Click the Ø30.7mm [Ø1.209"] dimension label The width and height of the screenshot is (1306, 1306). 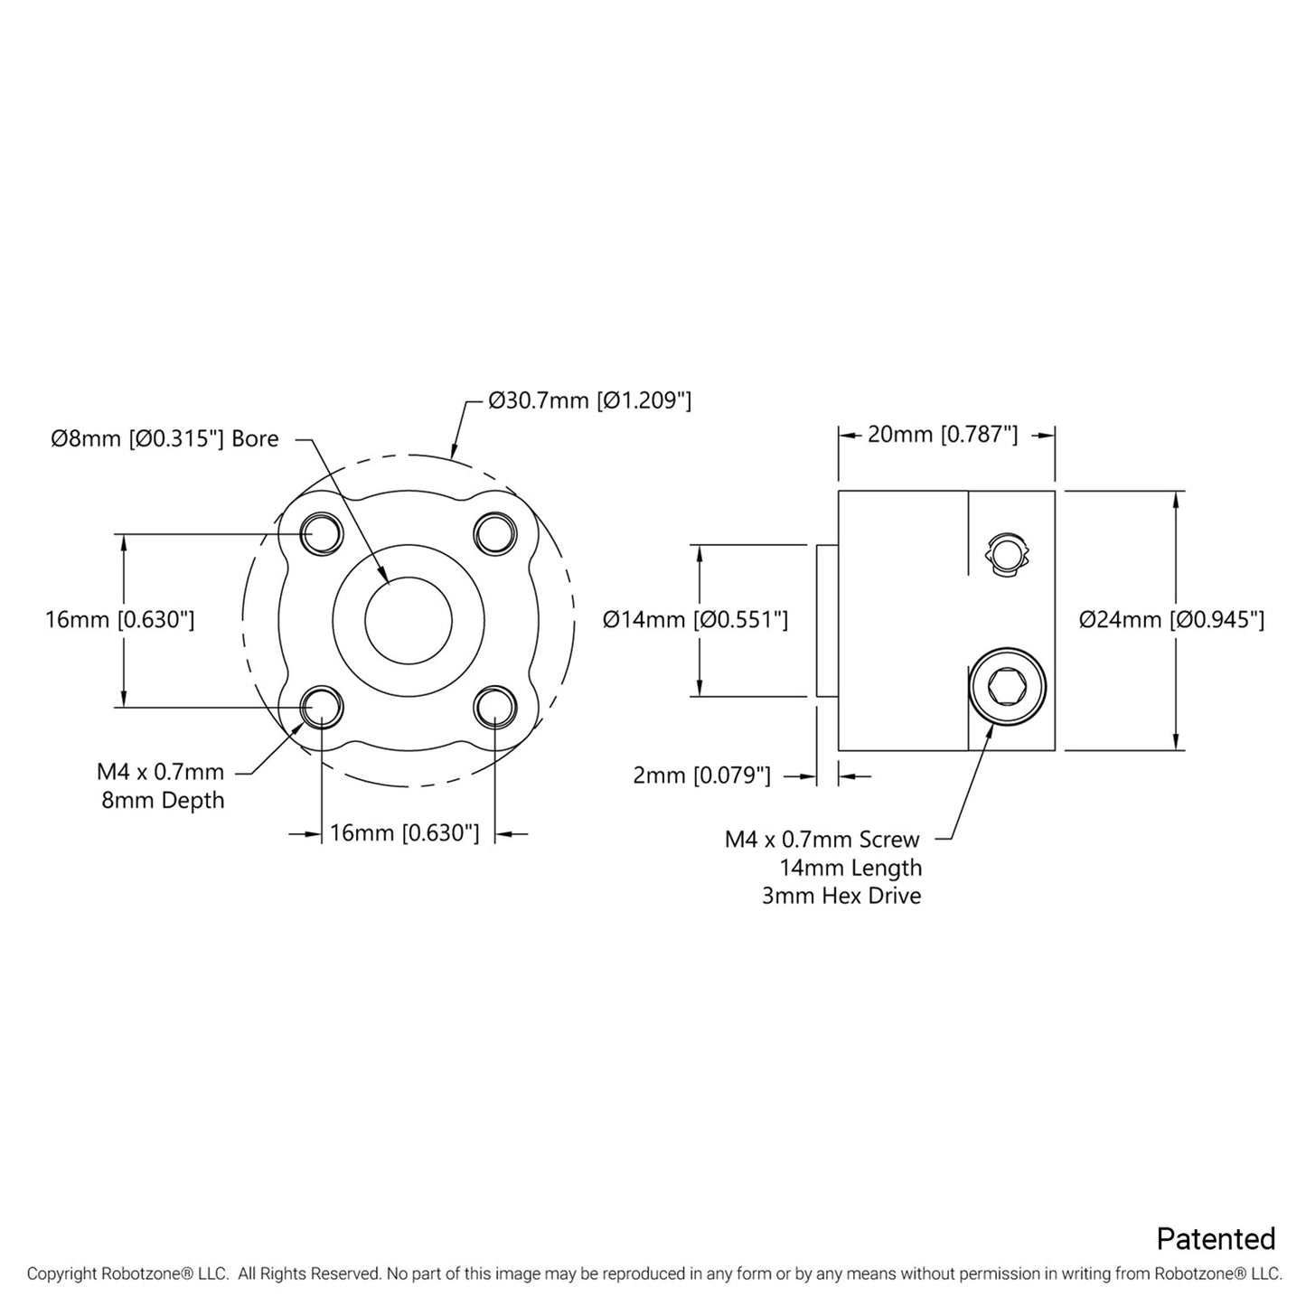[589, 400]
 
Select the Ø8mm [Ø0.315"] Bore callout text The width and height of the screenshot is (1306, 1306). [164, 439]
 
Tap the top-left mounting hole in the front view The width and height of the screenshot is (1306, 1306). [321, 533]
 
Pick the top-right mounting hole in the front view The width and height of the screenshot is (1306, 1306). [494, 533]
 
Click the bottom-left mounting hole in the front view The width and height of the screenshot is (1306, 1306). [321, 706]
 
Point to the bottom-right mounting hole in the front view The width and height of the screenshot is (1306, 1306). [494, 706]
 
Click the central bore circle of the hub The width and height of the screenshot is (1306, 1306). [408, 620]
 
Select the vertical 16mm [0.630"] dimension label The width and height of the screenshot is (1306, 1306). [119, 620]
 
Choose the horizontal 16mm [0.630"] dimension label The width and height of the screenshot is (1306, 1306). [404, 832]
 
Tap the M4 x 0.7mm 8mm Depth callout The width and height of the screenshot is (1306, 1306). [162, 786]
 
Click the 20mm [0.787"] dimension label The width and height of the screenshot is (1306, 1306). [943, 435]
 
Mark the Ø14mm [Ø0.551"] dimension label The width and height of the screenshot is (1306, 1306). [695, 620]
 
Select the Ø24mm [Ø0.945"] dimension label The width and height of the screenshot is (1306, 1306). [1171, 620]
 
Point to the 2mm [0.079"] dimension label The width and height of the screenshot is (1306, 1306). [701, 775]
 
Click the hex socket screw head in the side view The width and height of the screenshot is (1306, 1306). [1007, 686]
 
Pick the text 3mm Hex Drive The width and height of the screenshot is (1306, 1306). [841, 897]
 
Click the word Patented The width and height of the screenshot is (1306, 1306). [1216, 1238]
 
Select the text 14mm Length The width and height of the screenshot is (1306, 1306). [850, 869]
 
